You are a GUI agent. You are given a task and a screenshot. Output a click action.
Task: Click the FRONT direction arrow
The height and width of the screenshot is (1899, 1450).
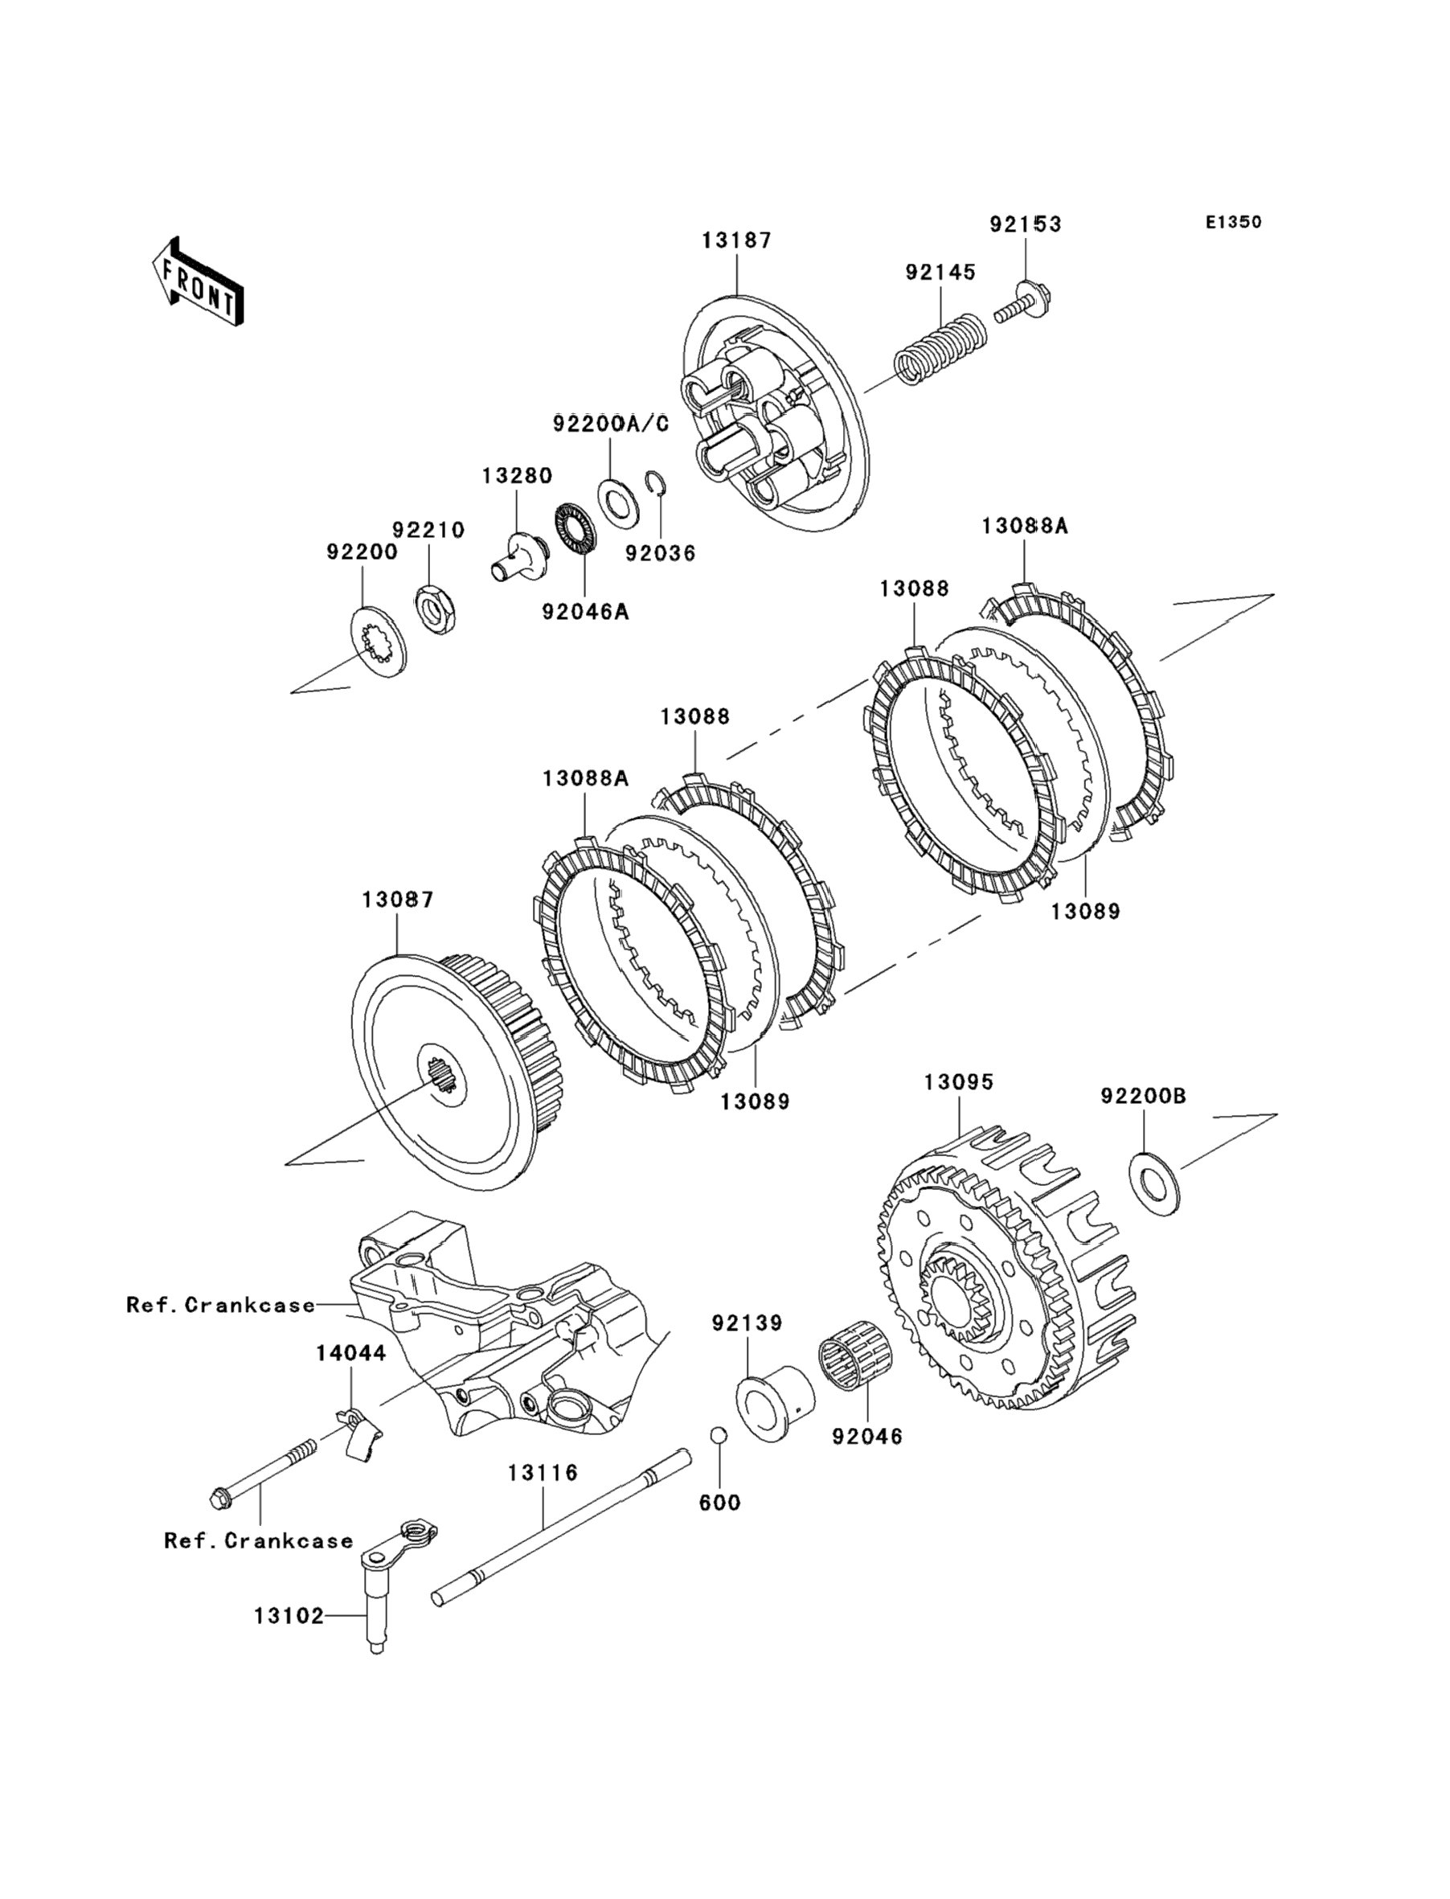point(197,281)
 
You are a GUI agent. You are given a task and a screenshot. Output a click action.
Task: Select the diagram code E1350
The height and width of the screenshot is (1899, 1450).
point(1233,222)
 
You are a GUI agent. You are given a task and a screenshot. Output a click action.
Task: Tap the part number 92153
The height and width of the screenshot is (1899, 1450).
point(1026,224)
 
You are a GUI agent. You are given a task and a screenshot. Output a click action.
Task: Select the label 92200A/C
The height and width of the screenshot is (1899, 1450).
point(611,424)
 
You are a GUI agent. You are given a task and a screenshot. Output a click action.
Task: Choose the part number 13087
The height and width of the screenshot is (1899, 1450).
point(397,900)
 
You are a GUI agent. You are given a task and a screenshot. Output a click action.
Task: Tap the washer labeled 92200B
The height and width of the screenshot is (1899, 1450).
point(1156,1181)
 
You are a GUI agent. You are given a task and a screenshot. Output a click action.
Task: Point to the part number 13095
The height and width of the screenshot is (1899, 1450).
point(959,1082)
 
